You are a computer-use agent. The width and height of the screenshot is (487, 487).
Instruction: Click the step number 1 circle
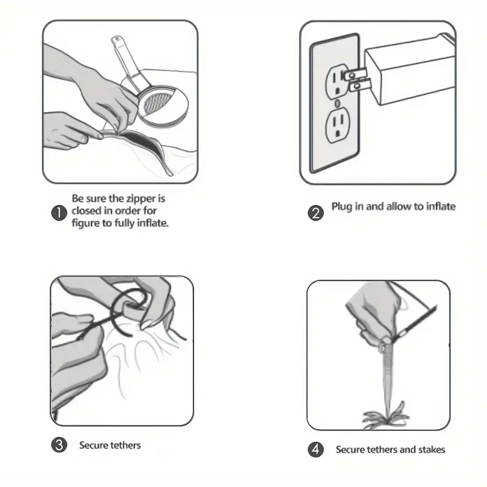[x=59, y=213]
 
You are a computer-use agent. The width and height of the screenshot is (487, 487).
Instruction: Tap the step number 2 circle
[x=315, y=214]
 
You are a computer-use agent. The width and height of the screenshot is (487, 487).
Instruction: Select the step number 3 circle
[x=59, y=445]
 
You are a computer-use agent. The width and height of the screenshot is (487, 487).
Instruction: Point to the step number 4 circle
[x=315, y=449]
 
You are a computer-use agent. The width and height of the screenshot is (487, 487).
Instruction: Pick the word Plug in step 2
[x=342, y=207]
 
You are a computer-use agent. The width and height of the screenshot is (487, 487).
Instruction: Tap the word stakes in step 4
[x=432, y=449]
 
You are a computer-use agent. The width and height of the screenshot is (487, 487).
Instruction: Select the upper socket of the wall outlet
[x=337, y=82]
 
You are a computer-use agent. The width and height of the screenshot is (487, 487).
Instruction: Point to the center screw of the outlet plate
[x=338, y=103]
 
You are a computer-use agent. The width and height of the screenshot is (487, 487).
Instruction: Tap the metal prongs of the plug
[x=357, y=80]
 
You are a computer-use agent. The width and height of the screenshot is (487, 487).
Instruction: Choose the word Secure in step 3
[x=94, y=445]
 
